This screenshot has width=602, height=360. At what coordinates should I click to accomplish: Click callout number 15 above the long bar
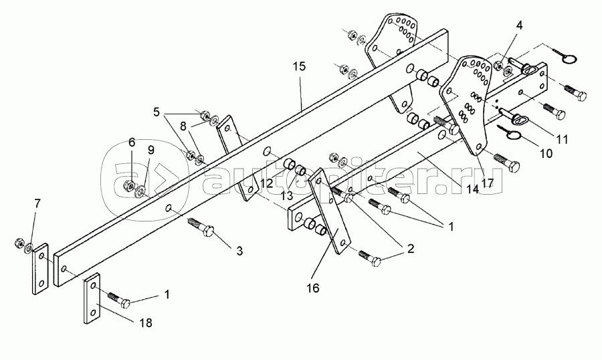300,66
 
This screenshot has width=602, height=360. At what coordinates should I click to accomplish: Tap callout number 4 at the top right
519,25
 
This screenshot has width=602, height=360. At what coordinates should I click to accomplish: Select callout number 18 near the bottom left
146,323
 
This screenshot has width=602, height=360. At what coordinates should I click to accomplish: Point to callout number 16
313,288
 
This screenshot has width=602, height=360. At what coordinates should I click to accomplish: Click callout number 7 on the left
37,204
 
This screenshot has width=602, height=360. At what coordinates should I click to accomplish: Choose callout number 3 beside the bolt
239,252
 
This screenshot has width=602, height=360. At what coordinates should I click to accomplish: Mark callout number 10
546,153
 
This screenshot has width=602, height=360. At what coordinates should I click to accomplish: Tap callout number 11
562,139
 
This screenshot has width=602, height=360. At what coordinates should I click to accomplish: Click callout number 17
487,183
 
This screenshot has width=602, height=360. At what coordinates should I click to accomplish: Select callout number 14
473,189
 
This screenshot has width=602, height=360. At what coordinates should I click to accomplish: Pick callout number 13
286,195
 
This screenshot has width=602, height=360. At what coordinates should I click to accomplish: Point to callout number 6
132,143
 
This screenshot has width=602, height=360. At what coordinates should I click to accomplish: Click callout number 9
151,151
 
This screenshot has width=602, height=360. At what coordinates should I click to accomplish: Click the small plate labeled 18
92,298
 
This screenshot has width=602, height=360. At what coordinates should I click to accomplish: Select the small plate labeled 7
40,269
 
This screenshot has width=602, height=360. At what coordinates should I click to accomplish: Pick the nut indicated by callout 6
129,185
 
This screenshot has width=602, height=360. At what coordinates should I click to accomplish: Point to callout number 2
411,248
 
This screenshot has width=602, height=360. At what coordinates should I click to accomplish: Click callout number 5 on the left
157,112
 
